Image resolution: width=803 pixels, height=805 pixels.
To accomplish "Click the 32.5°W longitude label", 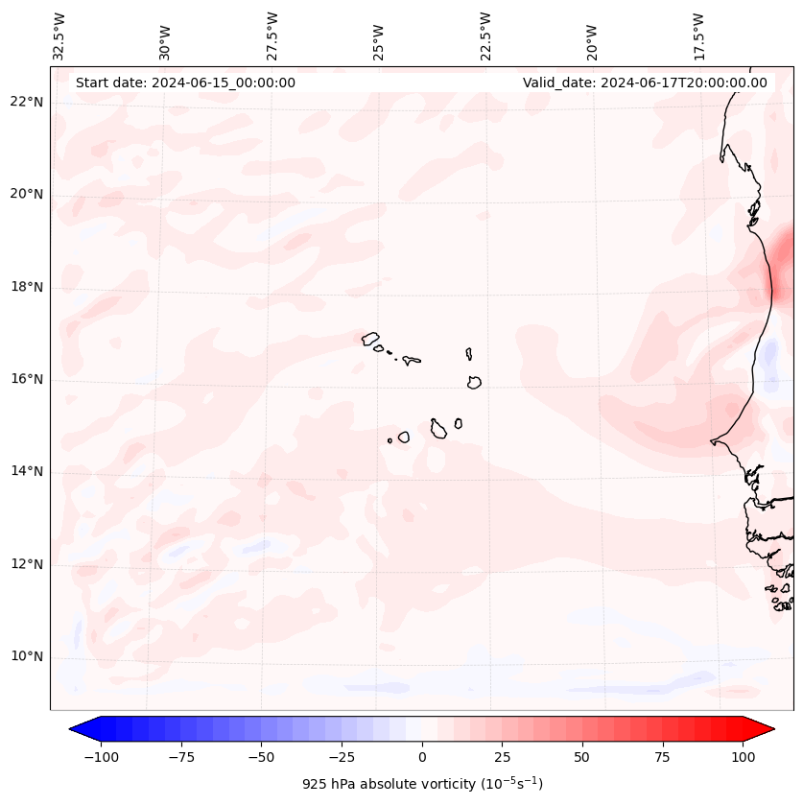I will click(60, 36).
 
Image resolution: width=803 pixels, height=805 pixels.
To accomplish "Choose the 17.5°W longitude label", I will click(698, 36).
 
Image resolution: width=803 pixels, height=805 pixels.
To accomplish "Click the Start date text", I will click(185, 83).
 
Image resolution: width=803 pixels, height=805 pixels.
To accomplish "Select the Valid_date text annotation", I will click(645, 83).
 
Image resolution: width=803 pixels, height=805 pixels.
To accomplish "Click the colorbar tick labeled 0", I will click(422, 757).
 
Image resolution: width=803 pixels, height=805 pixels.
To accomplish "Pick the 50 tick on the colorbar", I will click(582, 757).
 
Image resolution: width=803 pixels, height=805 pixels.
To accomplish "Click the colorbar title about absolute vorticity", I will click(422, 784).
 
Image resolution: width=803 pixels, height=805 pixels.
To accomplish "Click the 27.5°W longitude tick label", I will click(273, 36).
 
